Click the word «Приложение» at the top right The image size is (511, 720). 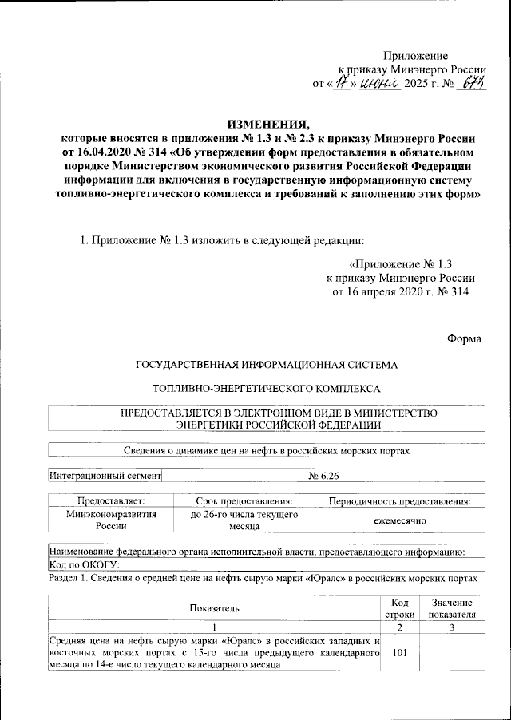coord(415,54)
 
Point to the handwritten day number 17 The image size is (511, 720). coord(341,82)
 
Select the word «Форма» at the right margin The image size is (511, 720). coord(465,338)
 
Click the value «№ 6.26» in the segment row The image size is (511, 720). coord(324,476)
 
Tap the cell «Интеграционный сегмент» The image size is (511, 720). coord(105,476)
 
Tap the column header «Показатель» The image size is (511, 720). coord(214,608)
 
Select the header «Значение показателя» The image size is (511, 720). coord(451,608)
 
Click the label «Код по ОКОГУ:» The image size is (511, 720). coord(84,565)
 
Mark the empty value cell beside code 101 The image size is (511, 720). coord(451,653)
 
